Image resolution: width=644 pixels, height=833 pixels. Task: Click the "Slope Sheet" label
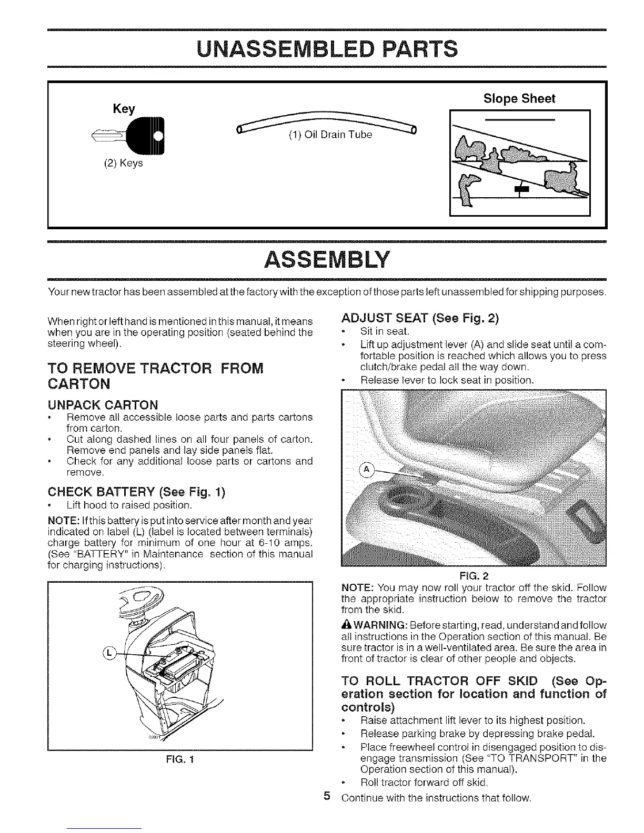(x=519, y=99)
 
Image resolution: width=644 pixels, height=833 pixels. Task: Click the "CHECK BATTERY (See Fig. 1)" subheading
(x=136, y=492)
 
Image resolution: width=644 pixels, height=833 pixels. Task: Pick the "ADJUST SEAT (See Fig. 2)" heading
(x=419, y=319)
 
